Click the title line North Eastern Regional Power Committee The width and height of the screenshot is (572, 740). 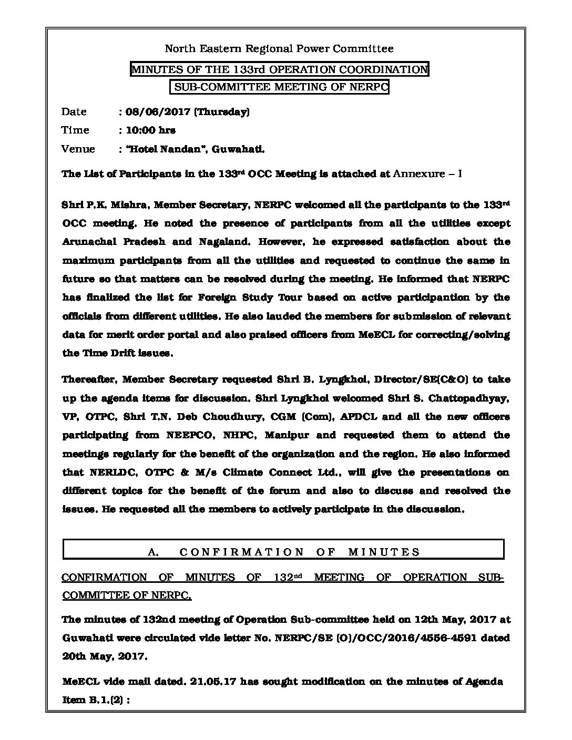(x=279, y=49)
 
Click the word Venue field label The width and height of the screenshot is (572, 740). (x=78, y=149)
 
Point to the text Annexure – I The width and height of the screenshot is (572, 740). (x=427, y=174)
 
